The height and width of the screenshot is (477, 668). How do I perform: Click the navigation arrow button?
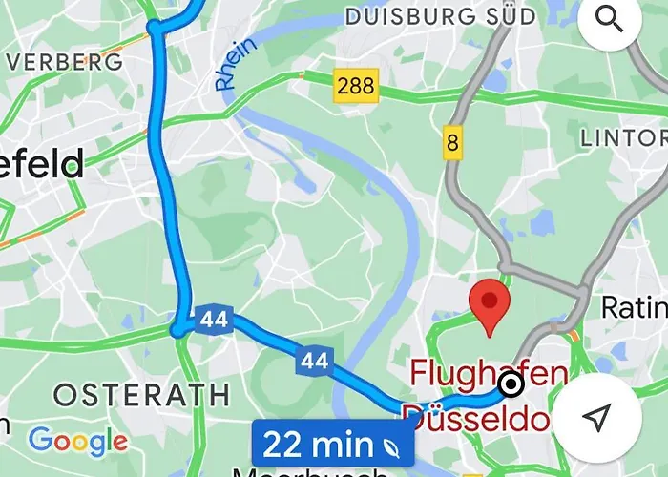[x=597, y=417]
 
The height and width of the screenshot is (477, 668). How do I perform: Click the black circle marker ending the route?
[x=511, y=384]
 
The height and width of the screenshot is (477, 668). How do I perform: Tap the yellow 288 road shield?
[x=355, y=85]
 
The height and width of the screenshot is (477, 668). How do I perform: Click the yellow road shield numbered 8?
[x=451, y=144]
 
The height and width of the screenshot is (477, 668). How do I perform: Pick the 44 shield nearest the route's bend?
[x=214, y=321]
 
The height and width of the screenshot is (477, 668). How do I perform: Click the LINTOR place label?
[x=623, y=138]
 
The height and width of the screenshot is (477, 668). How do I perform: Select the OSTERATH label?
[x=141, y=394]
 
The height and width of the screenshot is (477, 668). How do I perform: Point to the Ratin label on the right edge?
[x=635, y=307]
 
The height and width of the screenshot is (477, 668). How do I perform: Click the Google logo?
[x=77, y=441]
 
